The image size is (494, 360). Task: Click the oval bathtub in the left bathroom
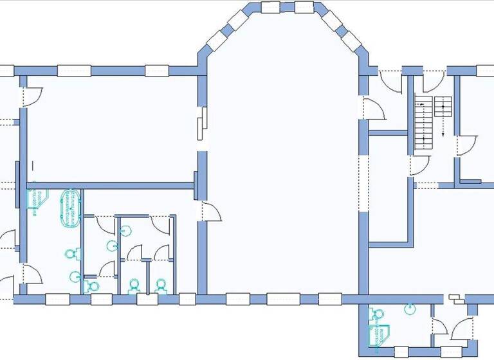click(x=69, y=208)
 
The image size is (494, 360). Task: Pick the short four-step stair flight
click(x=443, y=106)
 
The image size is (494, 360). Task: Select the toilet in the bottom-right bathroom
click(x=378, y=313)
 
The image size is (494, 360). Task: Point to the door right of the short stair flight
click(x=466, y=145)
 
